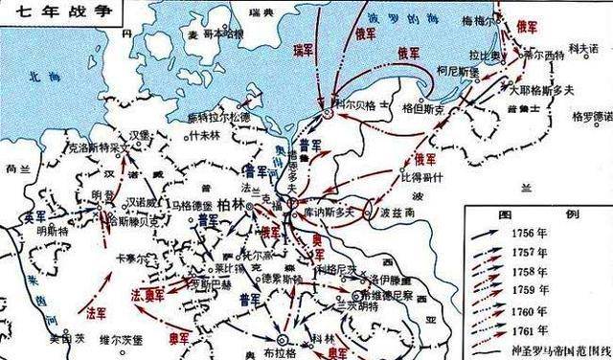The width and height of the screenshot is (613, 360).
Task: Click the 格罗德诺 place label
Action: (x=589, y=118)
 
